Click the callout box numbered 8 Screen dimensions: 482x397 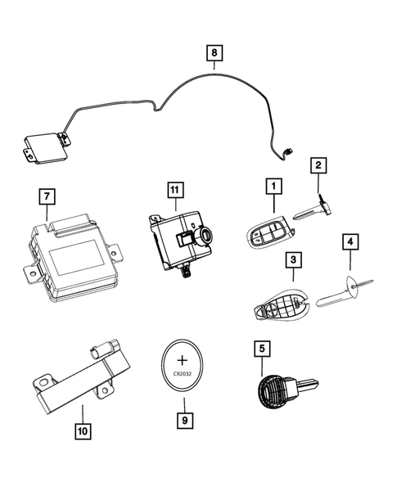pos(214,54)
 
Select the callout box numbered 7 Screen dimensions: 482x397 pos(48,196)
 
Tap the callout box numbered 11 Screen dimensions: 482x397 pos(173,191)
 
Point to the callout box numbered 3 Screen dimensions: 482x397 pos(292,260)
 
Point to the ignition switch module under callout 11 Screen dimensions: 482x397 pos(180,239)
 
